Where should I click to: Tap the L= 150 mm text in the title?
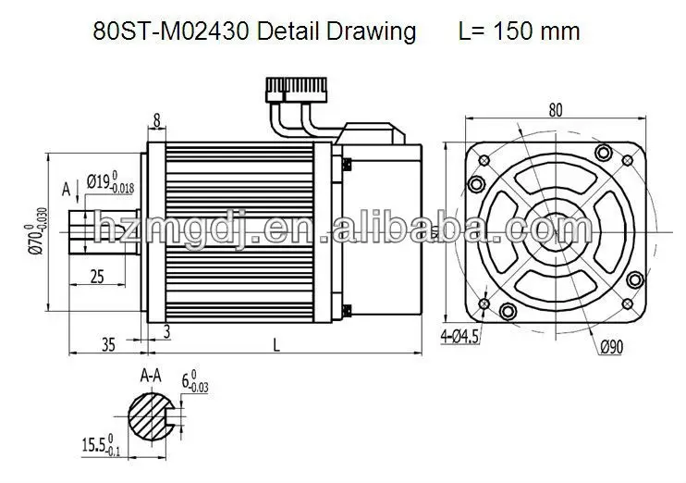(x=519, y=31)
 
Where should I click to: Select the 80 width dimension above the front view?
(x=555, y=110)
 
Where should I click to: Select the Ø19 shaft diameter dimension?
(x=110, y=183)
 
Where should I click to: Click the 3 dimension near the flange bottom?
(x=166, y=330)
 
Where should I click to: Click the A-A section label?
(x=153, y=378)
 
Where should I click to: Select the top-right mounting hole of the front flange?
(x=605, y=152)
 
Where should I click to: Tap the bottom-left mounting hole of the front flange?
(x=506, y=311)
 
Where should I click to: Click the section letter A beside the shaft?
(x=66, y=190)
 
